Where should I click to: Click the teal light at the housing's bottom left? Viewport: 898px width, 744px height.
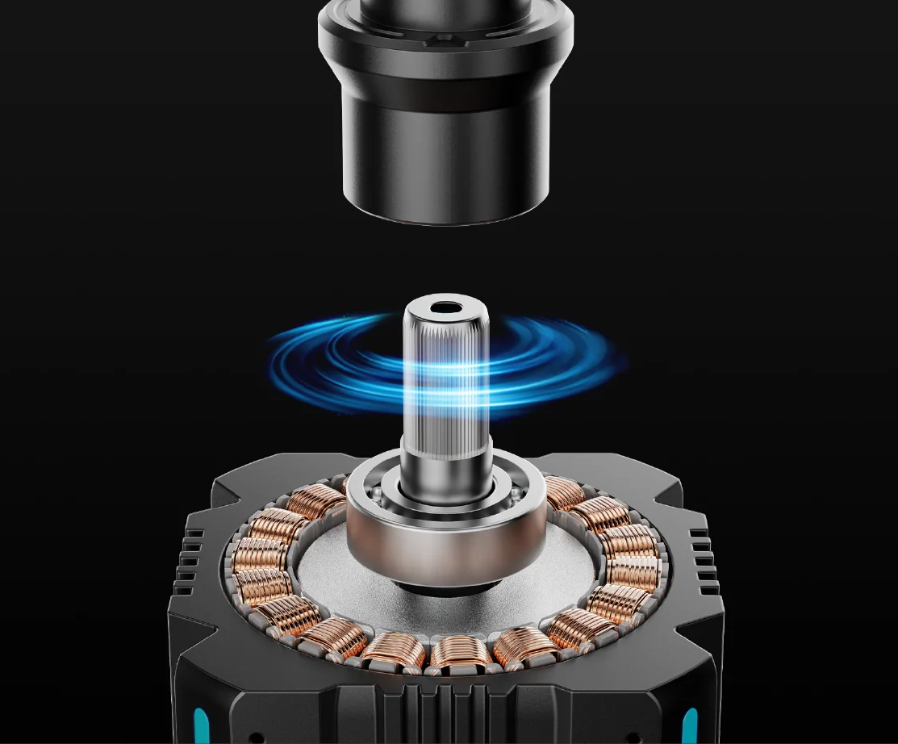point(201,722)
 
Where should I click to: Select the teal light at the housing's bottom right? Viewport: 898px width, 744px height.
point(690,722)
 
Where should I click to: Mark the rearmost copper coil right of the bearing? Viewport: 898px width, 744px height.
point(565,492)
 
